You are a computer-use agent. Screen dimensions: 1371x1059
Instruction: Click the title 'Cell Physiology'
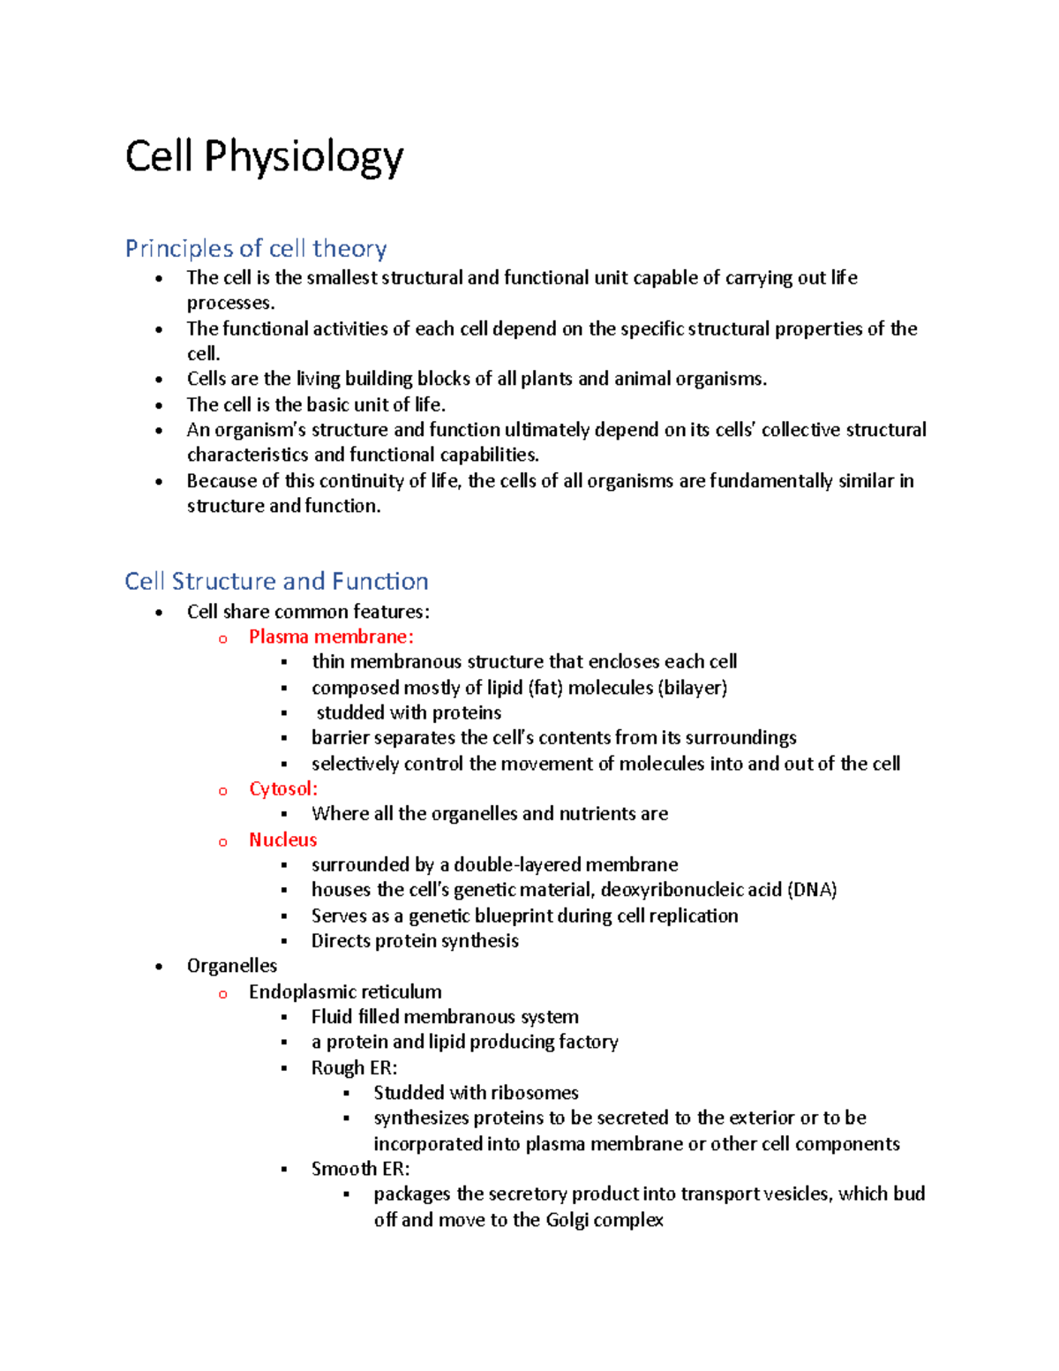point(264,157)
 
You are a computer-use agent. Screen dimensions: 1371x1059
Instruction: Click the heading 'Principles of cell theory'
point(256,249)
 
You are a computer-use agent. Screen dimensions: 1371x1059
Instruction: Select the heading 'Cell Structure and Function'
point(276,581)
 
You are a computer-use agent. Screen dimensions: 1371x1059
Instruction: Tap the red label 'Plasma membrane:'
point(331,637)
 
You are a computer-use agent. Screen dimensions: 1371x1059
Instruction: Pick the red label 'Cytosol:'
point(283,788)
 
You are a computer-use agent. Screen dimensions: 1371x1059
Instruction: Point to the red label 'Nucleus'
point(282,840)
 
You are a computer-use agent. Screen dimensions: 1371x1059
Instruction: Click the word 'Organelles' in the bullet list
point(232,966)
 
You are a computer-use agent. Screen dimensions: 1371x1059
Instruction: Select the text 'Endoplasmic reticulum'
point(345,991)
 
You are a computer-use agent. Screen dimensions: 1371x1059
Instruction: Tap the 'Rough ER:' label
point(354,1067)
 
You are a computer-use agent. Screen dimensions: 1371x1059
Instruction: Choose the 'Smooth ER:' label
point(360,1169)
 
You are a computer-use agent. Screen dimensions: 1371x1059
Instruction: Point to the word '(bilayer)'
point(693,688)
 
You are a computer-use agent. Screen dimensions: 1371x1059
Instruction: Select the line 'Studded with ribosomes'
point(476,1093)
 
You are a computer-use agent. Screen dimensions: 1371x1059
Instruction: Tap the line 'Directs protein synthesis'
point(415,941)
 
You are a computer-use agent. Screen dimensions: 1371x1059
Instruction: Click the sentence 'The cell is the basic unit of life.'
point(316,404)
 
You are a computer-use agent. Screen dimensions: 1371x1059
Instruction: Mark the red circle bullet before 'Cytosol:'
point(223,791)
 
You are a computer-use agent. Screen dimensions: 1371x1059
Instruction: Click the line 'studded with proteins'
point(409,712)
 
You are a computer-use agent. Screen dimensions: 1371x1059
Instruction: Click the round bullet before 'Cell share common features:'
point(159,613)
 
